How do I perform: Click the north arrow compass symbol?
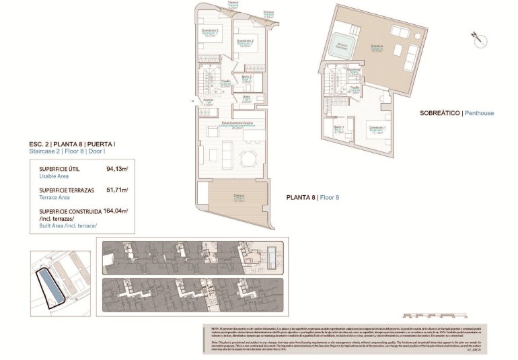pos(477,38)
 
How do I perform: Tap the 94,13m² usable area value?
pos(117,170)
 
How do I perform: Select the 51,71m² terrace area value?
pos(117,190)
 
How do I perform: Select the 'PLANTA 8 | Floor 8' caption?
pos(313,198)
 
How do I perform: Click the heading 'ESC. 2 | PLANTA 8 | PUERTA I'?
pos(73,144)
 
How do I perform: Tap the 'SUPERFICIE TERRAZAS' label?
pos(61,190)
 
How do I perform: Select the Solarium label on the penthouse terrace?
pos(377,46)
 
